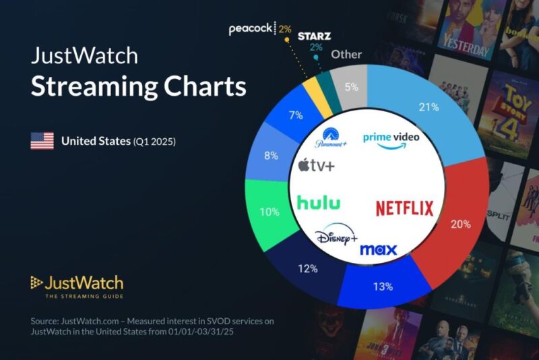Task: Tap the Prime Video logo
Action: [x=391, y=139]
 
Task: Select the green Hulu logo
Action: [x=319, y=202]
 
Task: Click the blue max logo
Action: [x=378, y=250]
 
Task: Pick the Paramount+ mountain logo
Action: [x=329, y=138]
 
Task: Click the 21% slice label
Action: [x=429, y=107]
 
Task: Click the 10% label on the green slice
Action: [x=269, y=212]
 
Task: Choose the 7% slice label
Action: [x=295, y=115]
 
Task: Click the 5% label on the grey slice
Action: [x=352, y=87]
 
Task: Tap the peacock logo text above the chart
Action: [x=251, y=29]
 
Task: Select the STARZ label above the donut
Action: [x=315, y=35]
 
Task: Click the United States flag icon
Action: [x=42, y=141]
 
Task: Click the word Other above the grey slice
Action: [x=346, y=55]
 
